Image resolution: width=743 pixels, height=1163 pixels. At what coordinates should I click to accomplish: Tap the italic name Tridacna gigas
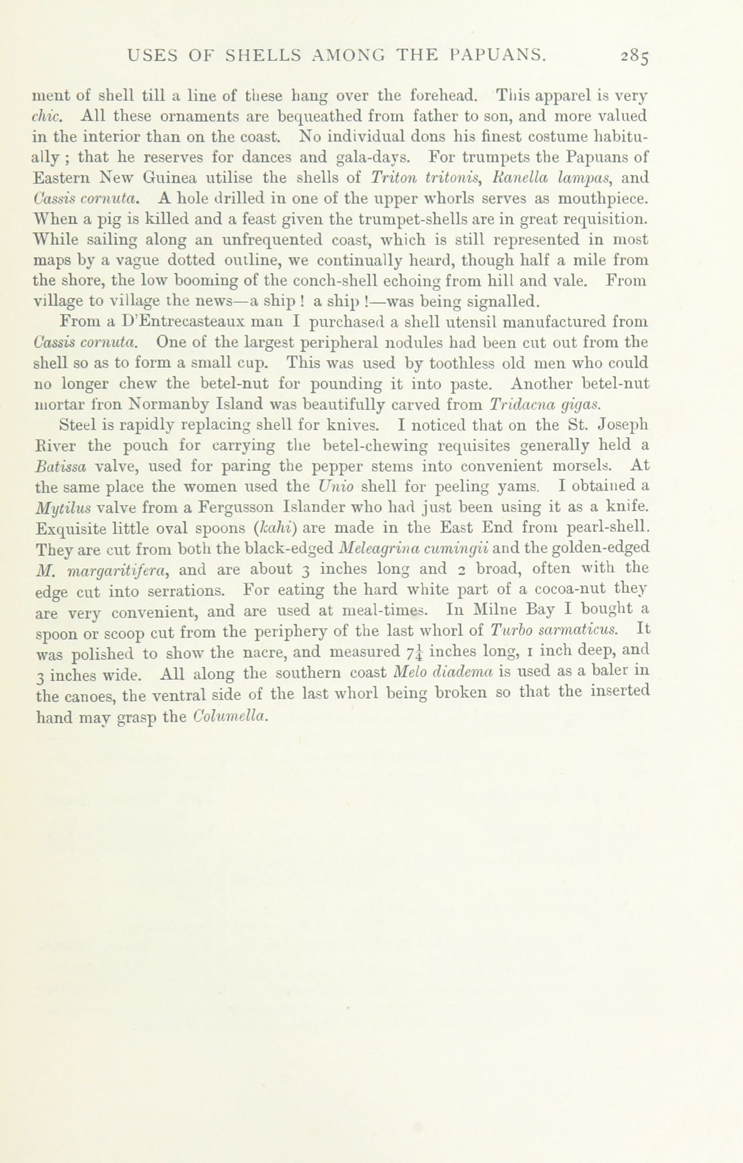545,405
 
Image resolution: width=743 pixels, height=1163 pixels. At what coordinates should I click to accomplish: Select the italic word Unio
337,487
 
